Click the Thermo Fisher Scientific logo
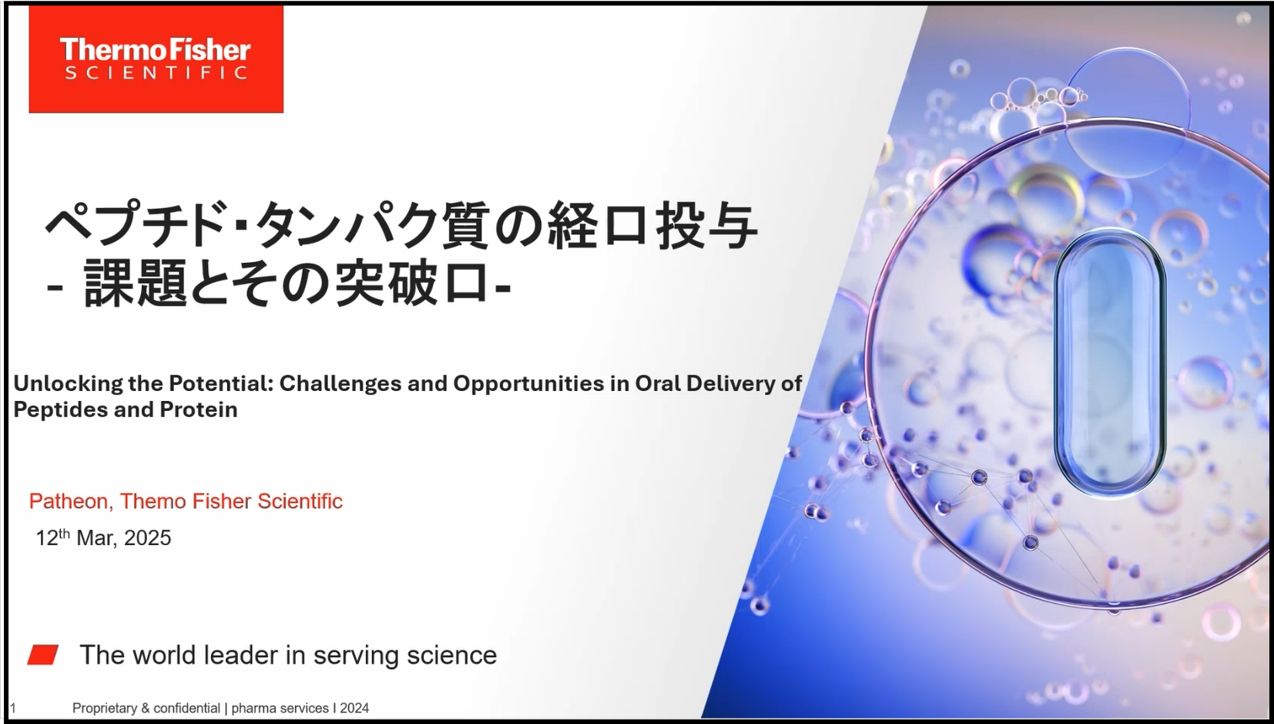[156, 59]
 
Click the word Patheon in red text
[69, 501]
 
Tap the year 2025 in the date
[147, 538]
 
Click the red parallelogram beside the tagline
[43, 655]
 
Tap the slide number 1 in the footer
[13, 709]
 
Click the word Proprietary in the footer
[105, 709]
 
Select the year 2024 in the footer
[354, 709]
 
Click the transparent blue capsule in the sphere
[1110, 363]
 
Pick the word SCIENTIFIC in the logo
[156, 72]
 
